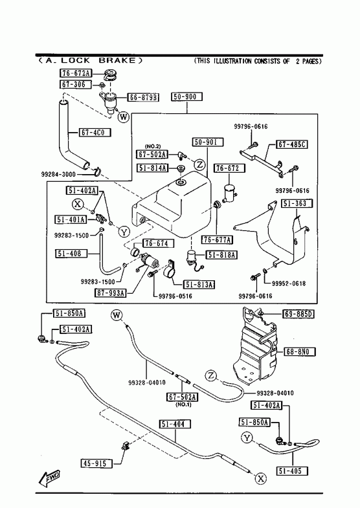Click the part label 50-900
tap(187, 96)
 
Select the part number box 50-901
tap(208, 142)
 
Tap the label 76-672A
tap(76, 73)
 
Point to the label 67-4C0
tap(95, 132)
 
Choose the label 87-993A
tap(110, 293)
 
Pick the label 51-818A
tap(221, 255)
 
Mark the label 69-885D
tap(298, 314)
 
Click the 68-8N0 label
tap(300, 351)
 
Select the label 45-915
tap(96, 463)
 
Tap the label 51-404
tap(175, 424)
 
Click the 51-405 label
tap(293, 470)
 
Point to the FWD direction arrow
tap(50, 478)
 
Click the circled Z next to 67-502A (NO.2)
tap(200, 165)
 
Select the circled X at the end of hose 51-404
tap(261, 478)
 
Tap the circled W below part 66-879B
tap(124, 116)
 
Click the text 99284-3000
tap(58, 174)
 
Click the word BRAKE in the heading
tap(117, 61)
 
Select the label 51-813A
tap(199, 285)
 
